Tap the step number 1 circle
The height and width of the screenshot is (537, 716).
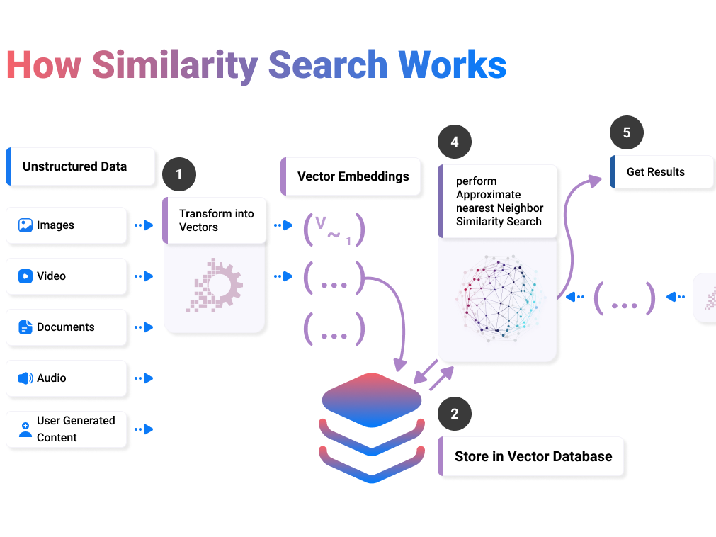coord(178,174)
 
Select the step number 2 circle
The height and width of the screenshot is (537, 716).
coord(455,414)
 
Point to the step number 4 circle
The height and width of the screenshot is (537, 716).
coord(455,142)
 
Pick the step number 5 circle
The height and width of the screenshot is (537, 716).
coord(627,132)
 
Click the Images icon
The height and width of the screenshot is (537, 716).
coord(25,225)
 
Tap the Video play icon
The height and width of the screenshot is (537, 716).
coord(25,276)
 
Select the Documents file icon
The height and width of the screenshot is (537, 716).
coord(25,327)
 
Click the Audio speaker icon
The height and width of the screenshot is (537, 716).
coord(25,378)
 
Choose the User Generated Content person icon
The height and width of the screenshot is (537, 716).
coord(25,429)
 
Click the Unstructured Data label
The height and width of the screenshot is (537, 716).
coord(74,166)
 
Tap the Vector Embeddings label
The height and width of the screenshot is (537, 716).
coord(353,176)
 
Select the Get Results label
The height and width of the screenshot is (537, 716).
coord(656,171)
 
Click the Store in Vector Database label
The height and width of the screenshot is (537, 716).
coord(533,456)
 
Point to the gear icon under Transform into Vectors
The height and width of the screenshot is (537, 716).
coord(215,286)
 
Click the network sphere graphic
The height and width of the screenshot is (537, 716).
coord(497,298)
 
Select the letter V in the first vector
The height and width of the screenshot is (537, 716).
coord(321,223)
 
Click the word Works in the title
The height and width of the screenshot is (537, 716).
coord(453,64)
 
